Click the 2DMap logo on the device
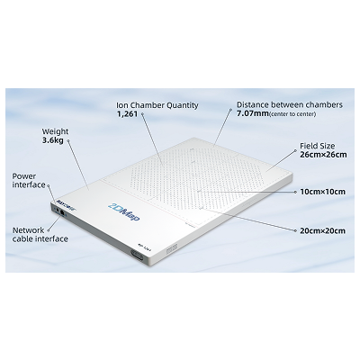coord(124,211)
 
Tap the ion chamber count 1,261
coord(127,114)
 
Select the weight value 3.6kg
coord(53,140)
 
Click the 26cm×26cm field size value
coord(323,155)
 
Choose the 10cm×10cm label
coord(323,192)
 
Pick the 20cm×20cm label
coord(323,230)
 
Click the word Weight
coord(55,131)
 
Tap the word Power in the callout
coord(24,176)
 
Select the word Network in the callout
coord(28,230)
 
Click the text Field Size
coord(318,146)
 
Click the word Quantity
coord(183,105)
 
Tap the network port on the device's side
coord(62,211)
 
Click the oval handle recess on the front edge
coord(137,256)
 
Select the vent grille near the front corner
coord(172,247)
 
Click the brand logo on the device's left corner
coord(62,203)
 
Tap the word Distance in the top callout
coord(253,104)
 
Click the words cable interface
coord(40,238)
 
